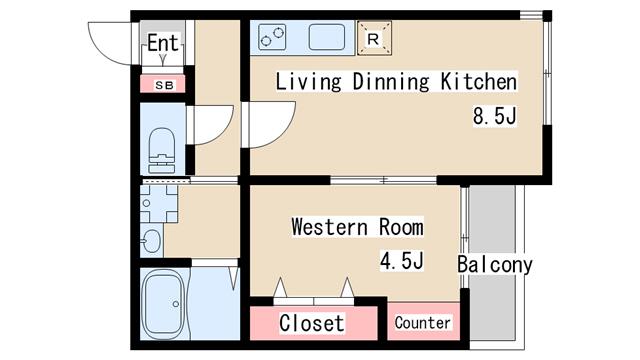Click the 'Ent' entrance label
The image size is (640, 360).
click(x=163, y=43)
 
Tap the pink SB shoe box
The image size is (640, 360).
click(x=163, y=84)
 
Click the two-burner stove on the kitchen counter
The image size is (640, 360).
click(x=272, y=37)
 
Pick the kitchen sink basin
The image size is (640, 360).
click(x=327, y=37)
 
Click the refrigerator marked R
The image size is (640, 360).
click(x=374, y=38)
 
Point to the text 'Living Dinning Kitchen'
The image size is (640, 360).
click(x=396, y=81)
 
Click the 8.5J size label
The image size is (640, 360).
click(x=495, y=115)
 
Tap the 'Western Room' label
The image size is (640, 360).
click(x=358, y=227)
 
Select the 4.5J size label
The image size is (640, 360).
click(x=402, y=260)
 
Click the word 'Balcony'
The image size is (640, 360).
click(x=495, y=264)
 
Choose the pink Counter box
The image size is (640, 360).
click(x=424, y=321)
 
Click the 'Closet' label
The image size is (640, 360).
click(x=312, y=323)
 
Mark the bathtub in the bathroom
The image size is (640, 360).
click(x=164, y=304)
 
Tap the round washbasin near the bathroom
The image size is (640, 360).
click(x=151, y=241)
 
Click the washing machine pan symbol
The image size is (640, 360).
click(x=159, y=204)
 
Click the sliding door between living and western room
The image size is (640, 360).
click(x=383, y=180)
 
